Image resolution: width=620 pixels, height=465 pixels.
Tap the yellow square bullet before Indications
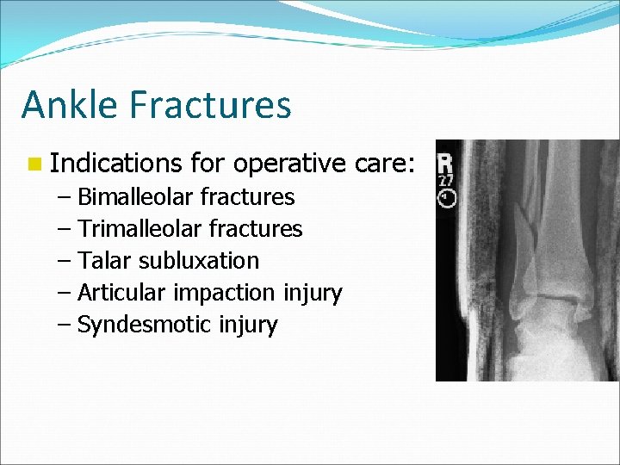point(34,163)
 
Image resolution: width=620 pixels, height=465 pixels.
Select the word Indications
point(115,163)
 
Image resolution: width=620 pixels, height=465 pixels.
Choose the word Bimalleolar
point(136,197)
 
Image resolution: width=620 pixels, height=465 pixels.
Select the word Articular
point(122,293)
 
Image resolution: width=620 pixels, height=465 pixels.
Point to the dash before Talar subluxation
point(66,261)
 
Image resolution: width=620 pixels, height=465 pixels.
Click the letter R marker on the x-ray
point(446,164)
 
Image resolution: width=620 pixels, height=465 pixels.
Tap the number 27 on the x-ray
point(446,182)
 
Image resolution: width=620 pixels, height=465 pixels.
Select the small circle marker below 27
point(447,199)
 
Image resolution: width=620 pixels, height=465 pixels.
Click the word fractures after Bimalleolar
point(247,197)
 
